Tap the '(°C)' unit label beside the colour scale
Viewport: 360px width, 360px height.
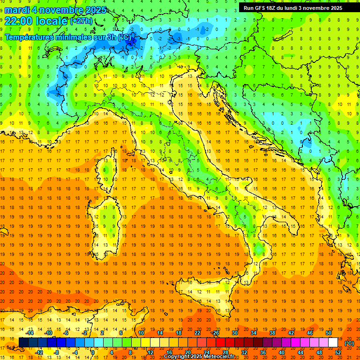349,343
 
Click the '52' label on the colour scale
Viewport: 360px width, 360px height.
338,352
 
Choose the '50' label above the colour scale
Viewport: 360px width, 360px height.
329,333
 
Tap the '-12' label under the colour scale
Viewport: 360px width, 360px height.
39,352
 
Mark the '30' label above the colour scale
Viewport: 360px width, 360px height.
234,333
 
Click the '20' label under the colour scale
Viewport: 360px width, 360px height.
187,352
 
